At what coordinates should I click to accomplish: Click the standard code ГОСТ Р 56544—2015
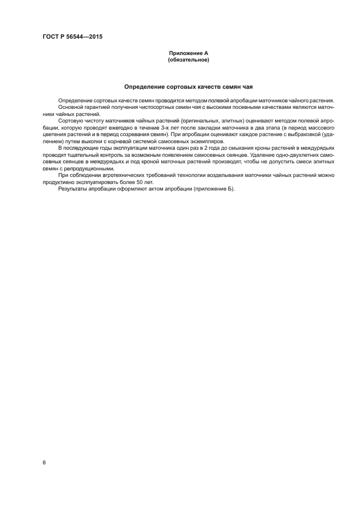coord(72,36)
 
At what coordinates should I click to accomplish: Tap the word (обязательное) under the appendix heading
coord(188,60)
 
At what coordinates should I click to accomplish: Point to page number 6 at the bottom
coord(44,462)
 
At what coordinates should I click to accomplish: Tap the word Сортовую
coord(70,120)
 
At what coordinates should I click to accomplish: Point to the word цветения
coord(54,133)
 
